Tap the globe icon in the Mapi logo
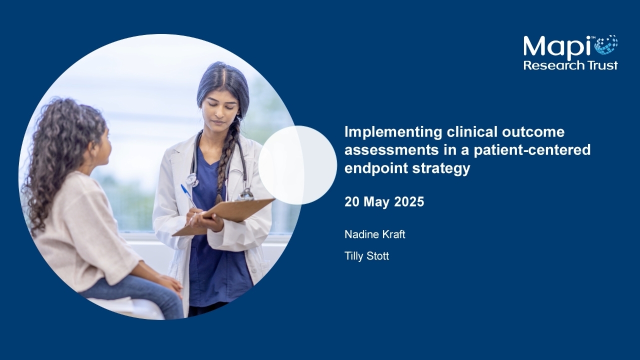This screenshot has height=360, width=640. click(x=606, y=44)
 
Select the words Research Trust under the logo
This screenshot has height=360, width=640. click(x=570, y=65)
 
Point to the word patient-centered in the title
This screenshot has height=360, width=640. click(x=532, y=150)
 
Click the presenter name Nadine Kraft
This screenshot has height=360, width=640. click(x=375, y=234)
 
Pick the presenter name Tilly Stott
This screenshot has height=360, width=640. click(x=366, y=255)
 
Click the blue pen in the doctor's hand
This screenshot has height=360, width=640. click(x=188, y=195)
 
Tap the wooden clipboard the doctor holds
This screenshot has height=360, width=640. click(x=223, y=217)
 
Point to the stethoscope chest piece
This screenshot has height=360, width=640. click(x=192, y=180)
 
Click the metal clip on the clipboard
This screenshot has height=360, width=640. click(x=245, y=194)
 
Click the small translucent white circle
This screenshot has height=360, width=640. click(x=297, y=165)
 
